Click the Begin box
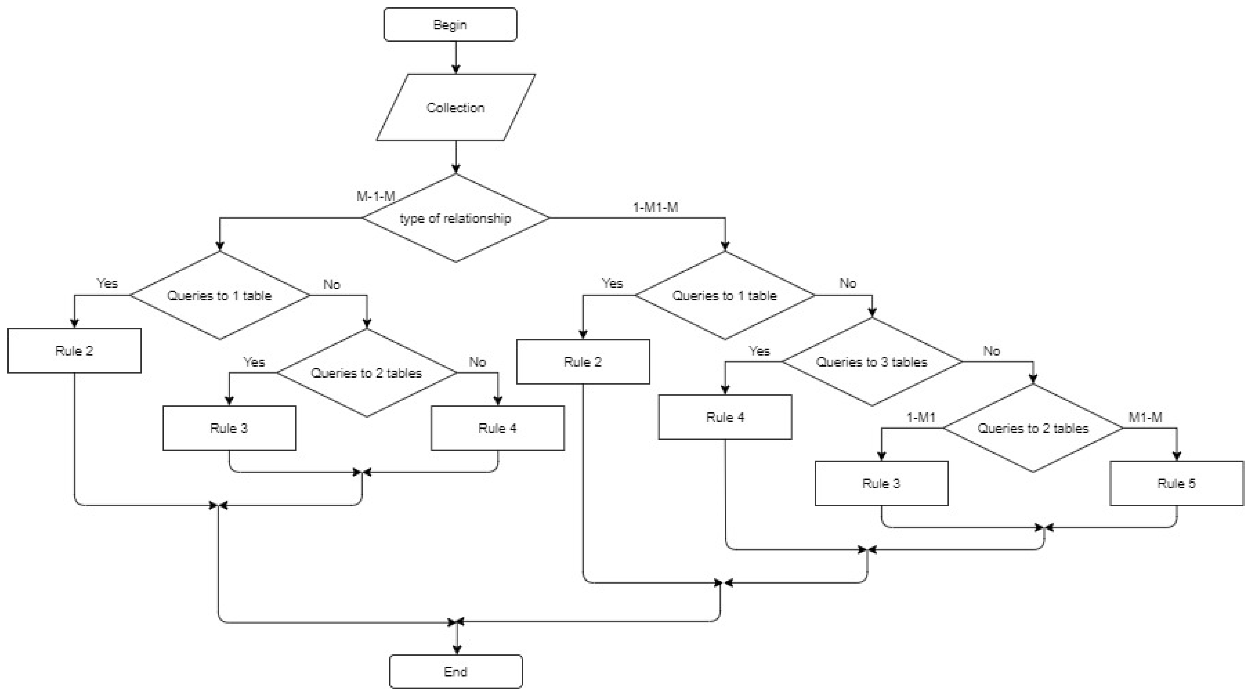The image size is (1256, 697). coord(450,25)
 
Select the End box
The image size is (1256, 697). coord(455,671)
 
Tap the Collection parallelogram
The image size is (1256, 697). coord(455,107)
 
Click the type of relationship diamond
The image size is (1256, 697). coord(455,218)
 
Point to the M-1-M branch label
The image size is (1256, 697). coord(375,196)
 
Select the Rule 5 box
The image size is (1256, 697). coord(1176,483)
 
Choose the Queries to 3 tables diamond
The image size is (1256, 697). coord(872,362)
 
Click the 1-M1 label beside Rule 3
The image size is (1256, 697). coord(920,417)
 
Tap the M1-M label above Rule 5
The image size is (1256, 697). coord(1145,417)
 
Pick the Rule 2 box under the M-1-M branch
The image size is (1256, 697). coord(74,350)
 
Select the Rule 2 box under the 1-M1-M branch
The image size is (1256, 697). coord(583,362)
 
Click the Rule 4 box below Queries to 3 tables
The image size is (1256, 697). coord(725,417)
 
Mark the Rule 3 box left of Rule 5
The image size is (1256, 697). coord(881,483)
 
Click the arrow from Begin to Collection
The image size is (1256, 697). coord(456,57)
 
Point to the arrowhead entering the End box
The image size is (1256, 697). coord(457,650)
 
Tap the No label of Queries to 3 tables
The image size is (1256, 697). coord(991,351)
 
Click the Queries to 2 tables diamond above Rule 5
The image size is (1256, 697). coord(1033,428)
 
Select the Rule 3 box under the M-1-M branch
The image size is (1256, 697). coord(229,428)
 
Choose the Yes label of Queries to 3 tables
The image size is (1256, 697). coord(759,351)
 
